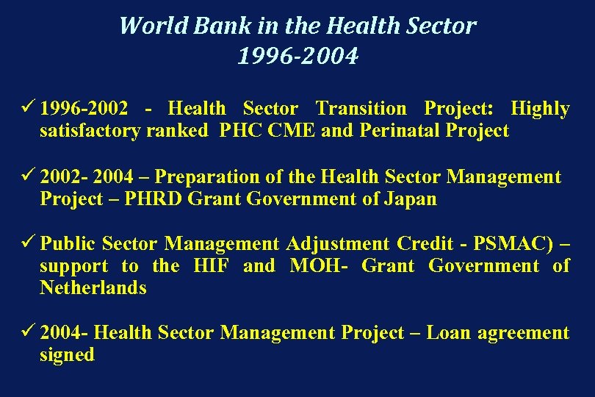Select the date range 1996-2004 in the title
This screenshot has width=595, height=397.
pos(297,56)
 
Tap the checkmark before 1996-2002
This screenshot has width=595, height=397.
pos(29,108)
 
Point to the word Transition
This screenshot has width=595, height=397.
pos(361,109)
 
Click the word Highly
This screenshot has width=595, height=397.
pos(540,109)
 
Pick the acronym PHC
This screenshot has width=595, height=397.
pos(235,132)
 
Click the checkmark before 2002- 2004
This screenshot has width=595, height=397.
pos(29,176)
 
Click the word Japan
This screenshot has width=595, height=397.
pos(408,199)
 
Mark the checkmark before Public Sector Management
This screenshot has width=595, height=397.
pos(29,243)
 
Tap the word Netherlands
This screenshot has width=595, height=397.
pos(93,287)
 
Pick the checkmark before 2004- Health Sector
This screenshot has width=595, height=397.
pos(29,332)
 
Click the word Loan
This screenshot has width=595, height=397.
pos(449,333)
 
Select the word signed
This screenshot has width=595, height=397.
pos(67,355)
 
